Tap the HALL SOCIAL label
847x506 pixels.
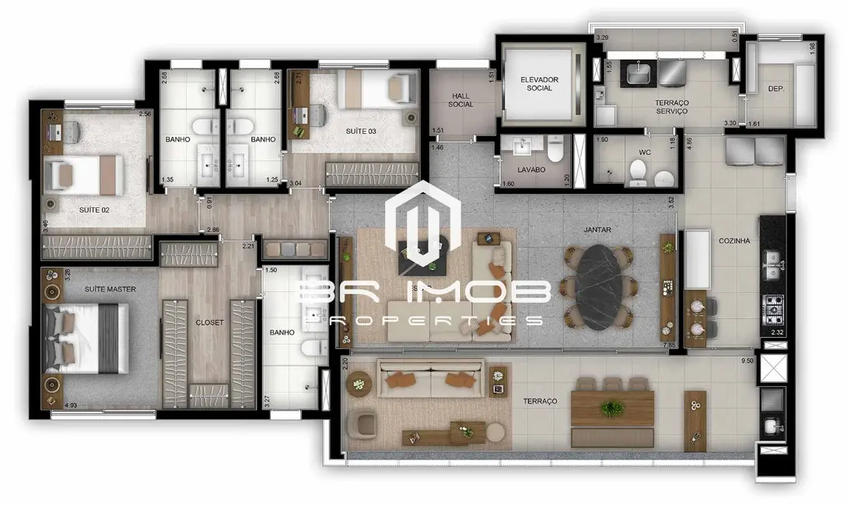point(460,100)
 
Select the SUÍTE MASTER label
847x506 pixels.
point(110,290)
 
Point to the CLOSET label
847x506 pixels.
point(209,322)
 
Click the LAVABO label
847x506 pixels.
point(531,169)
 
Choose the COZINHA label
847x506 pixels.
point(734,241)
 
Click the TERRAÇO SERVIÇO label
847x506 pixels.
point(672,107)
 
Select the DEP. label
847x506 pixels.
point(775,90)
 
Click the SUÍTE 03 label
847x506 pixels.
point(361,132)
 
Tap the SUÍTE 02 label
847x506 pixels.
point(94,210)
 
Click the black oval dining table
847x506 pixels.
point(599,286)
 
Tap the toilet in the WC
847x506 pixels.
point(639,174)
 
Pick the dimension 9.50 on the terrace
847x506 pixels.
point(748,361)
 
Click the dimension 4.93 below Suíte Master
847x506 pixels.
point(71,406)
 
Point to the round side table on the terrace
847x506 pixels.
point(359,382)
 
